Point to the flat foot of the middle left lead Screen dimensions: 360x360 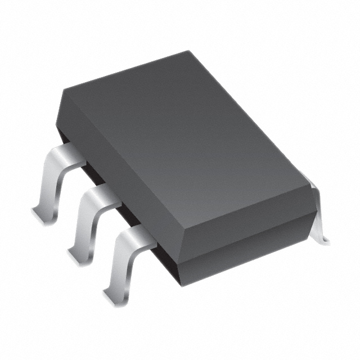coord(79,253)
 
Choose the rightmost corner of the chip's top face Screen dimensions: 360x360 coord(307,183)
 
